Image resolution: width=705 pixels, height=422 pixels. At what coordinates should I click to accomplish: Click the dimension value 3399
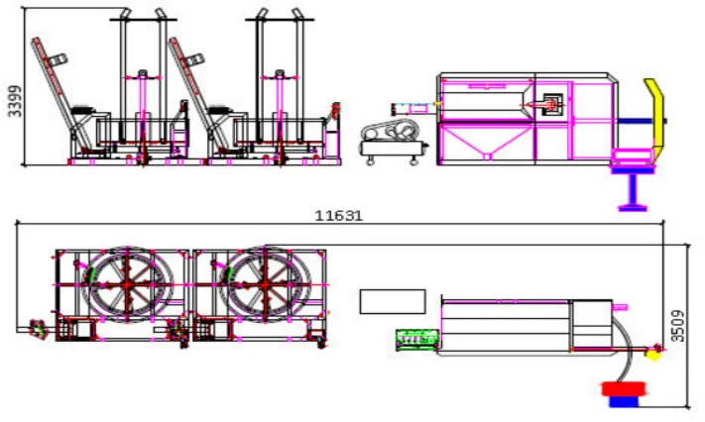click(15, 101)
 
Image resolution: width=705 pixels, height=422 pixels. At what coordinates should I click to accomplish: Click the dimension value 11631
click(338, 216)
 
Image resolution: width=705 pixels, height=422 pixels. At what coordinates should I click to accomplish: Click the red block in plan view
click(624, 389)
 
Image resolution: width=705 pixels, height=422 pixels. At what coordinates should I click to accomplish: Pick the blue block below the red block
click(624, 401)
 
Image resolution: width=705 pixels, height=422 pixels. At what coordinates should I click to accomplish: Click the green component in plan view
click(417, 340)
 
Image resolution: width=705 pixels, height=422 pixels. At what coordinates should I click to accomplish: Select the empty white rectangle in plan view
click(393, 301)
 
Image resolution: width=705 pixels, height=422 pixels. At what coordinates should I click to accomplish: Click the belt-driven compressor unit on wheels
click(394, 143)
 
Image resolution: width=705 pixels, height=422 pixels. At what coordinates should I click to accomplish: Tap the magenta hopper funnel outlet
click(487, 157)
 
